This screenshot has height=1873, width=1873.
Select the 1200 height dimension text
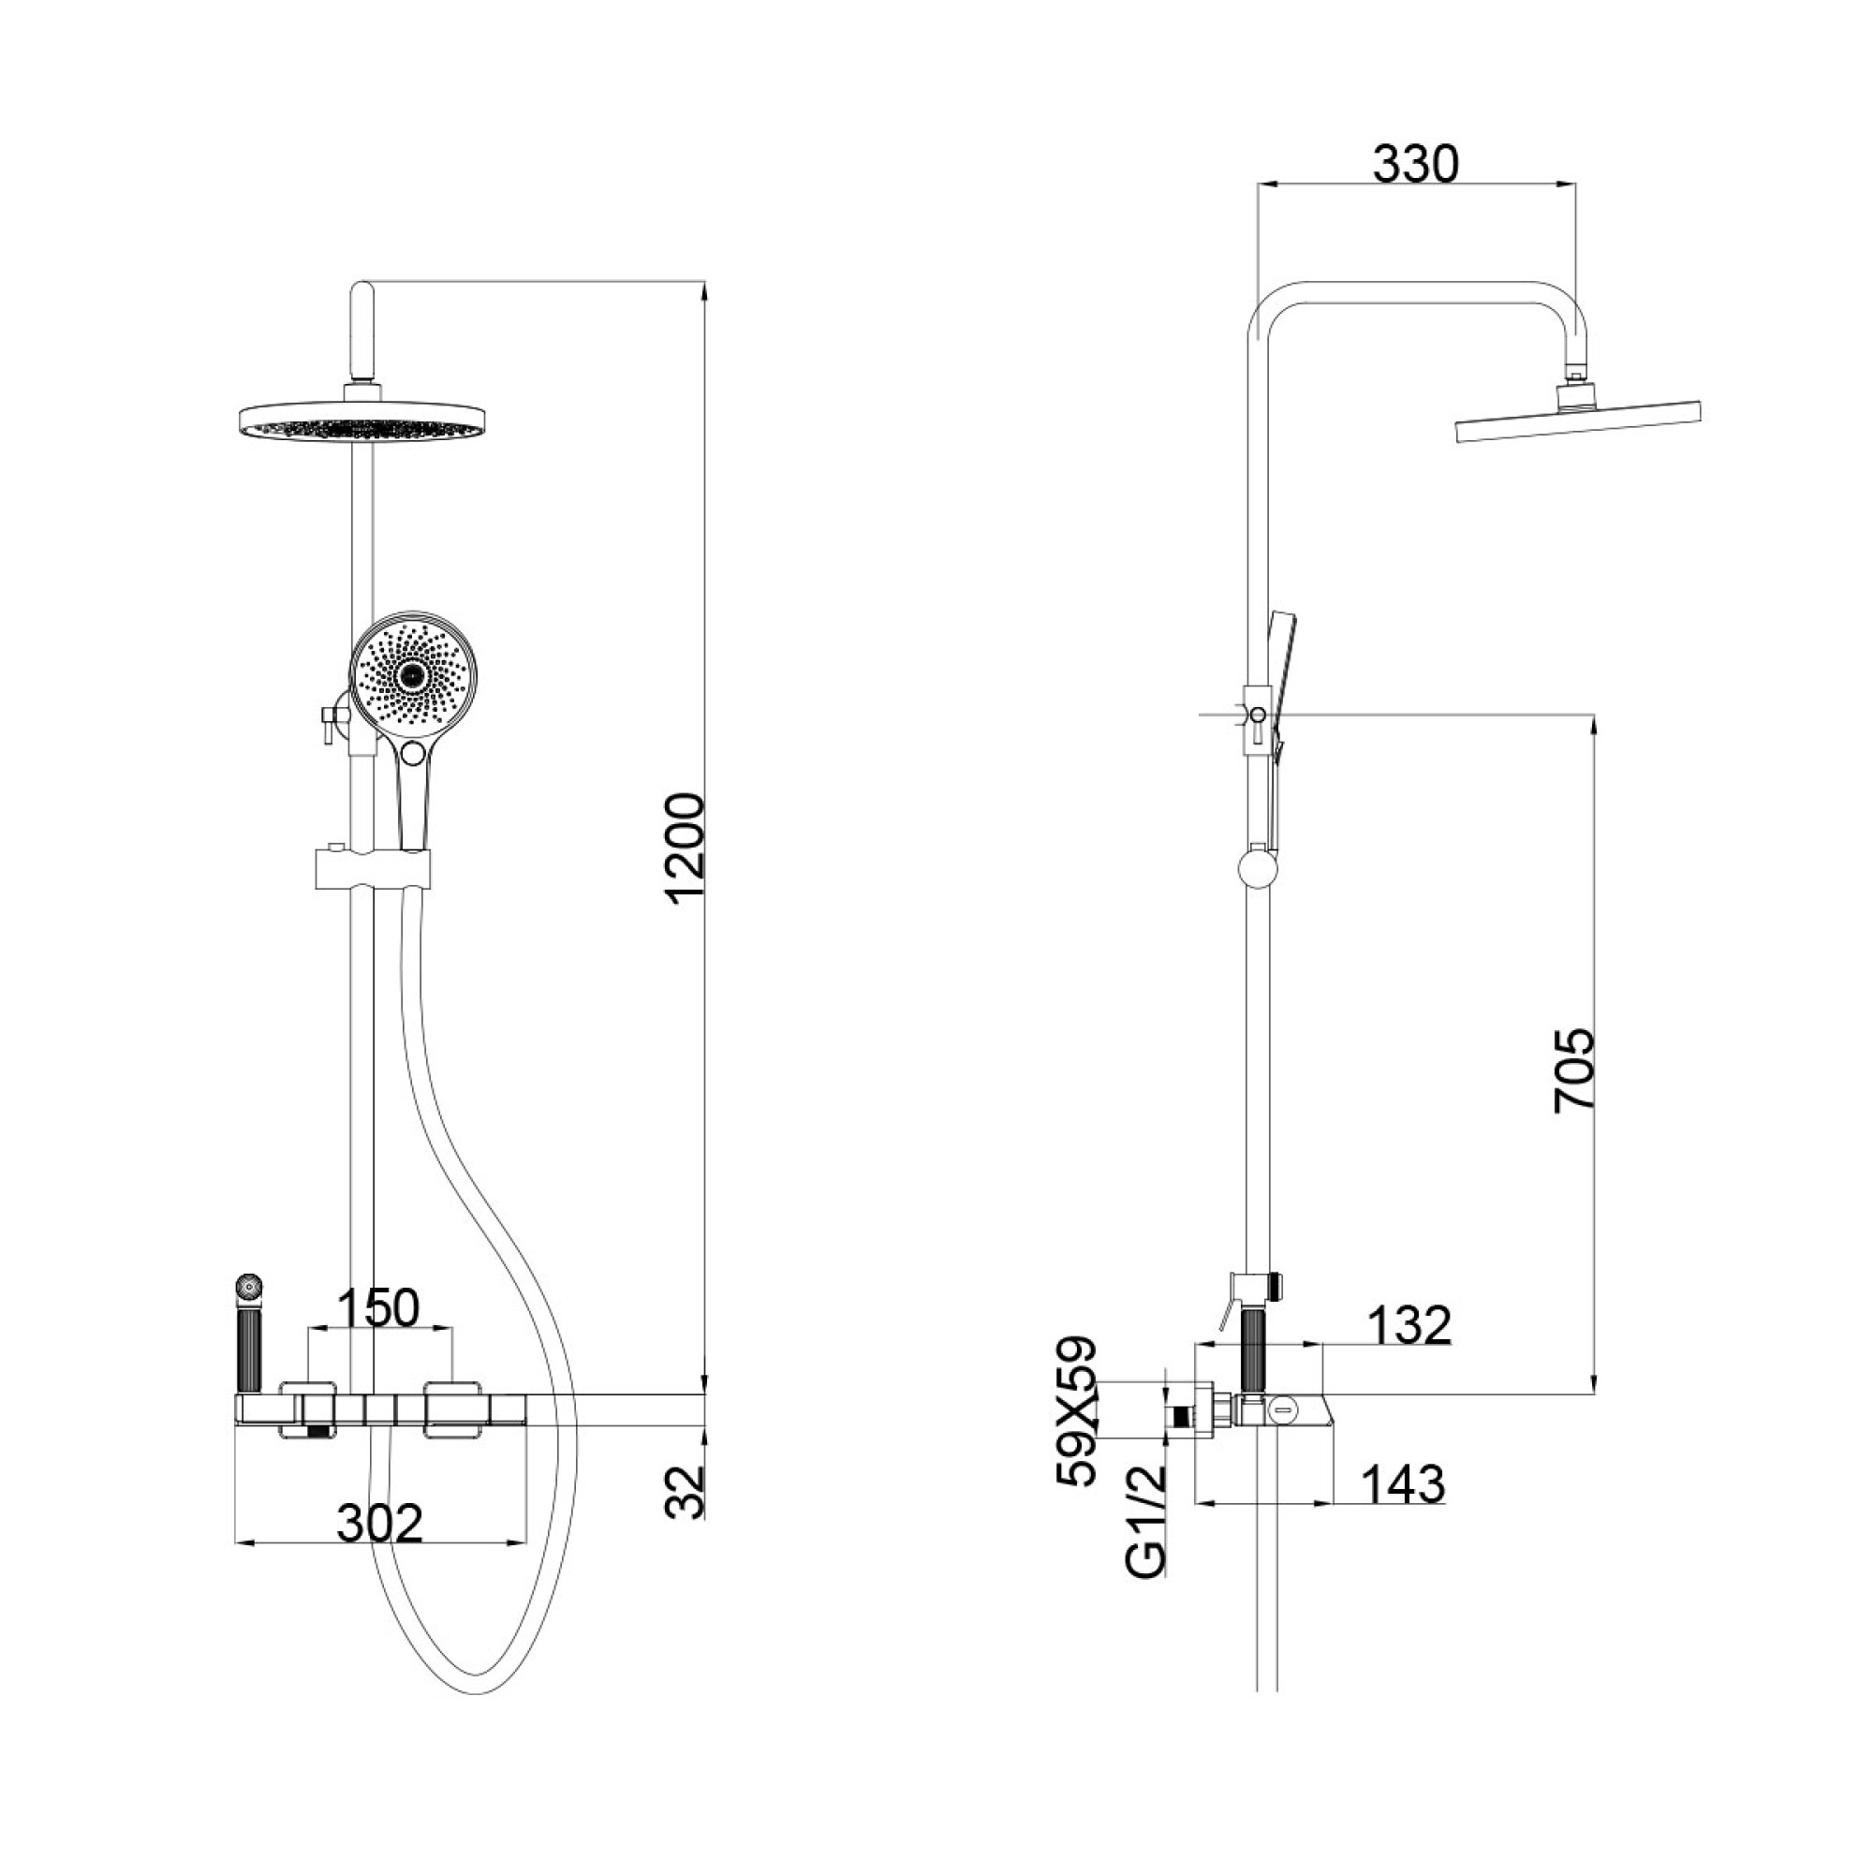[x=687, y=849]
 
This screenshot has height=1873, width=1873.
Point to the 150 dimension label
[x=378, y=1306]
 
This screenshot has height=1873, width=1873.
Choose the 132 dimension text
[x=1409, y=1324]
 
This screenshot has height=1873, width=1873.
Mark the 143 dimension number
[x=1404, y=1483]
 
